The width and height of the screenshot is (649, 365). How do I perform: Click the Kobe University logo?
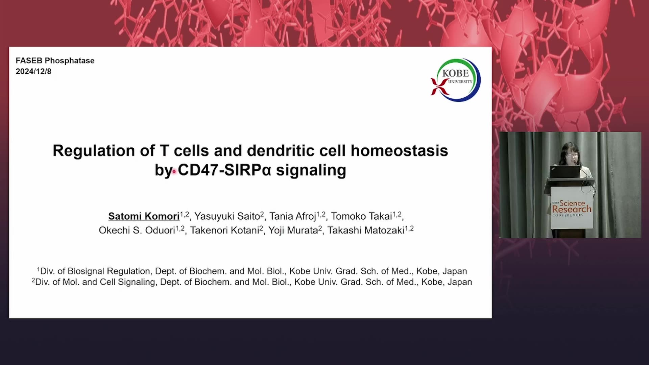[x=455, y=80]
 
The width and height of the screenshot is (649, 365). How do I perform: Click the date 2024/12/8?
[x=33, y=71]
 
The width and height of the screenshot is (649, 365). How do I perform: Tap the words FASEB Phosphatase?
[x=55, y=60]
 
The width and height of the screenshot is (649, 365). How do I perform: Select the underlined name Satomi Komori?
[x=144, y=216]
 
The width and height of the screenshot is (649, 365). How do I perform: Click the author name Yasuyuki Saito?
[x=227, y=216]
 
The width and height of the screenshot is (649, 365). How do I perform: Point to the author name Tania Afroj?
[x=292, y=216]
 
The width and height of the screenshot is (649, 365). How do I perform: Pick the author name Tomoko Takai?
[x=361, y=216]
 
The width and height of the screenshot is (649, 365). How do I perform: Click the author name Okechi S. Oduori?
[x=137, y=230]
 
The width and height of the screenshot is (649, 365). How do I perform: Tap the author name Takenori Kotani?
[x=224, y=230]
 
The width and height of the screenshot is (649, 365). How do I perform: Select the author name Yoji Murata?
[x=293, y=230]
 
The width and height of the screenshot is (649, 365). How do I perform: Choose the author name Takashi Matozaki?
[x=366, y=230]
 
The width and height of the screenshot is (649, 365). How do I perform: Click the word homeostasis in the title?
[x=399, y=151]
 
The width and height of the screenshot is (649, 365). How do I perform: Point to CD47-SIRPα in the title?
[x=224, y=170]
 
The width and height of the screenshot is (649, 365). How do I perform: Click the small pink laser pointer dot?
[x=174, y=172]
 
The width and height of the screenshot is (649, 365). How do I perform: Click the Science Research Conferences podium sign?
[x=572, y=208]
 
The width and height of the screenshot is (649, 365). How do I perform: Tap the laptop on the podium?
[x=564, y=172]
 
